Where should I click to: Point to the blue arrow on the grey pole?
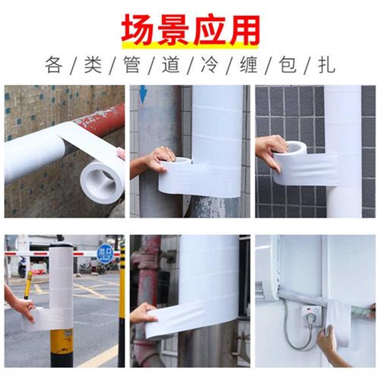(142, 95)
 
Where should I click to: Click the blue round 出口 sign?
(104, 253)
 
